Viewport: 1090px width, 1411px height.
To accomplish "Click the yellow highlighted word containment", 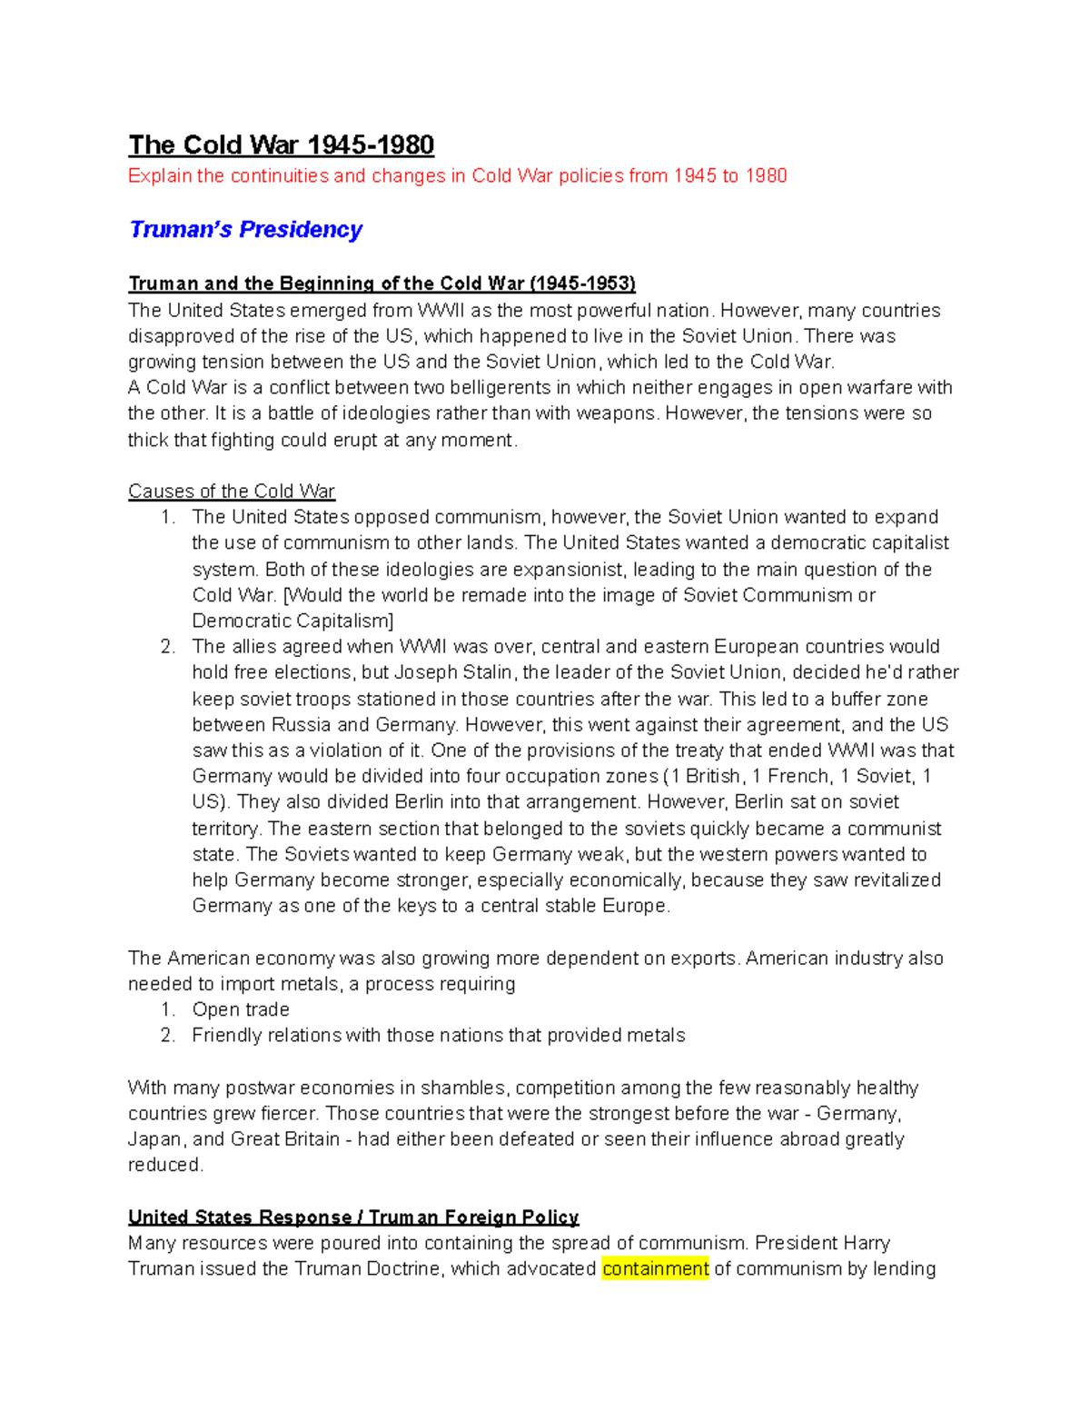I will click(654, 1268).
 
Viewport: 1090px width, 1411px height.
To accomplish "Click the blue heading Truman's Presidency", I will click(245, 229).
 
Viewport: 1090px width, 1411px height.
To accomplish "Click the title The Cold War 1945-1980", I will click(281, 145).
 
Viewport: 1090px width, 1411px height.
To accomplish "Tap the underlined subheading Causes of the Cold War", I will click(232, 492).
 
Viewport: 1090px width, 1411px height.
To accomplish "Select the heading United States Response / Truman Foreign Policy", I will click(353, 1217).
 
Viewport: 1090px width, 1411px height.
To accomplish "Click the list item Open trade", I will click(241, 1009).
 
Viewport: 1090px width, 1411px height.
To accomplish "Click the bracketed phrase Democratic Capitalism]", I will click(292, 621).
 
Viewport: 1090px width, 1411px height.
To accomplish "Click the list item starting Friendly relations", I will click(438, 1036).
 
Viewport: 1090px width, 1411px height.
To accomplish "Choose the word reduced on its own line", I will click(164, 1165).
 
